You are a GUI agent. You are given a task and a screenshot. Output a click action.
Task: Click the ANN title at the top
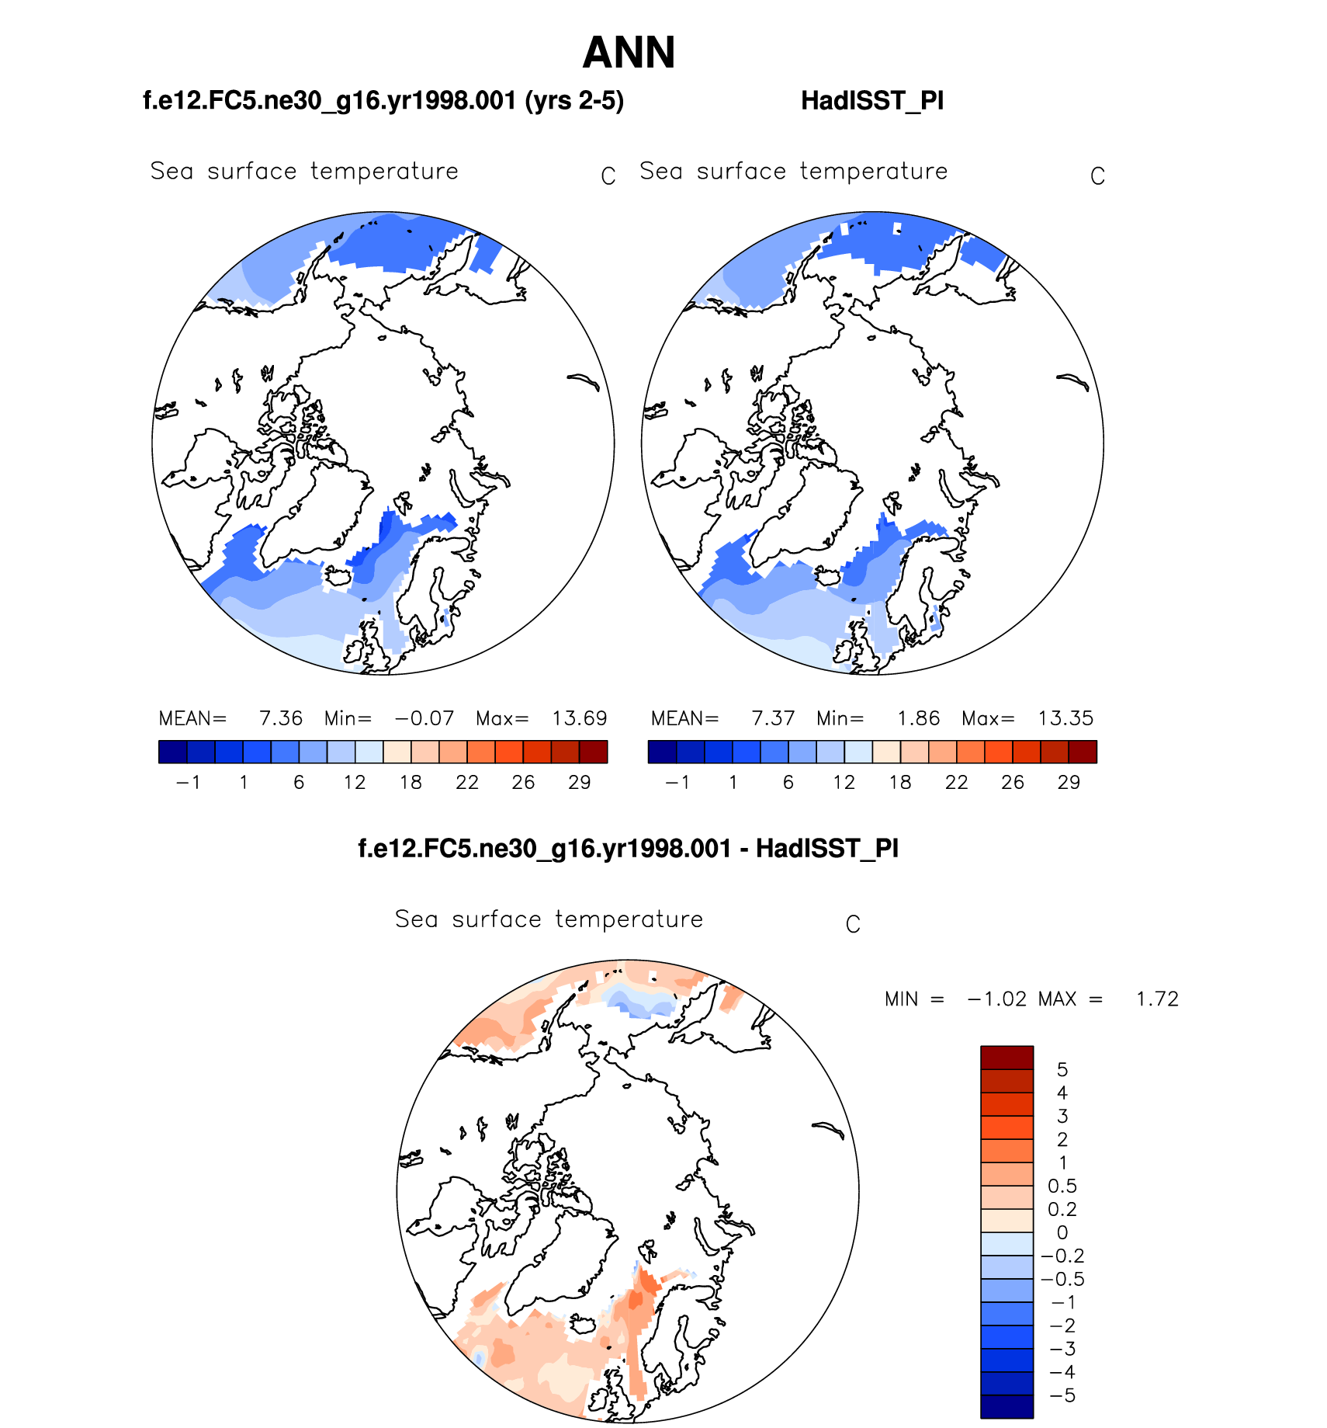[629, 53]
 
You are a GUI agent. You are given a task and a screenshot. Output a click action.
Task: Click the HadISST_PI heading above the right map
[872, 101]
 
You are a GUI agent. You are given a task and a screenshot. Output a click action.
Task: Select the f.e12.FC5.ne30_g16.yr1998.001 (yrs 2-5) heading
[383, 101]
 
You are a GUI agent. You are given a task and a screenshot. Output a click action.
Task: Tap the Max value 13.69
[579, 718]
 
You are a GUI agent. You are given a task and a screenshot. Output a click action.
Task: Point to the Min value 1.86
[918, 718]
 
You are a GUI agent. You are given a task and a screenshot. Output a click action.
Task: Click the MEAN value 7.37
[773, 718]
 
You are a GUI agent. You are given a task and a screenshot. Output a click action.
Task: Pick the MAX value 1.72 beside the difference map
[1157, 999]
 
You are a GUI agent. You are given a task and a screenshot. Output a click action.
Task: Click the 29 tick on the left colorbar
[579, 783]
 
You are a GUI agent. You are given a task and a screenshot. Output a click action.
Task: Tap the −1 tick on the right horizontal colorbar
[677, 783]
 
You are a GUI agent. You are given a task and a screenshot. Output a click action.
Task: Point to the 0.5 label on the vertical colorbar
[1062, 1187]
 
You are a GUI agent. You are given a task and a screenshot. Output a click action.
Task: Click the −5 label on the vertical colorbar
[1062, 1396]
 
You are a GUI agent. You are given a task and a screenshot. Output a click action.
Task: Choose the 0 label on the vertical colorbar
[1062, 1233]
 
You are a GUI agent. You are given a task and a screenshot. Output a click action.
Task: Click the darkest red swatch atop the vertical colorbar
[1007, 1058]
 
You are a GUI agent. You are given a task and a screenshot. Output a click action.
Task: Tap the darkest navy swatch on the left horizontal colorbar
[172, 752]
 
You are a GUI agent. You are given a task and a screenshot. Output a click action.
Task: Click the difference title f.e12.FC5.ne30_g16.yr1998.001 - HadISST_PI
[628, 849]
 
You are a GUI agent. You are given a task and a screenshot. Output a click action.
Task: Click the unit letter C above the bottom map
[853, 925]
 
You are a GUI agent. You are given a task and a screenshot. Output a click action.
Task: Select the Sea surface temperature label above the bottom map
[549, 919]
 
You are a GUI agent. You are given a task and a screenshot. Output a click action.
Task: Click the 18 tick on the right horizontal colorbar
[900, 783]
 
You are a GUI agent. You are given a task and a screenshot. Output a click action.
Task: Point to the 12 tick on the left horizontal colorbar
[355, 783]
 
